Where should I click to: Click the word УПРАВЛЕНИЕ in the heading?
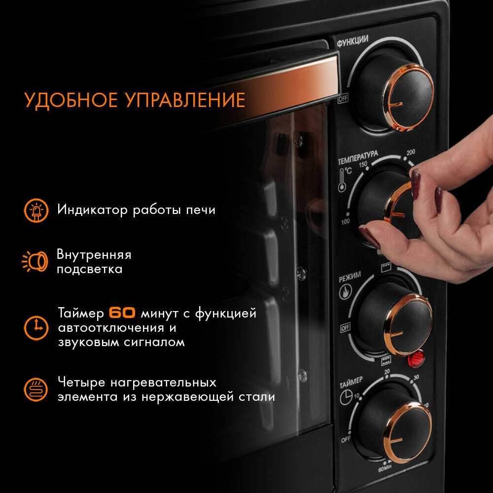pos(185,100)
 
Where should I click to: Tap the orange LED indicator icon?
pos(36,211)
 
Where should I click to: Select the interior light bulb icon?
pos(35,261)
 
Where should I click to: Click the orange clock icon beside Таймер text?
pos(36,328)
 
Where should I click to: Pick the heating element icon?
pos(36,389)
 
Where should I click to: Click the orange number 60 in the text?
pos(122,313)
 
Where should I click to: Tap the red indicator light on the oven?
pos(416,359)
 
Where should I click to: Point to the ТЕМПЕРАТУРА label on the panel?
pos(358,158)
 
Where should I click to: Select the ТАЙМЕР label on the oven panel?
pos(351,383)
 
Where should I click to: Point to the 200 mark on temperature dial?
pos(411,152)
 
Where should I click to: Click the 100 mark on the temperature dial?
pos(345,221)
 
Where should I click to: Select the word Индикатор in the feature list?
pos(93,210)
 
